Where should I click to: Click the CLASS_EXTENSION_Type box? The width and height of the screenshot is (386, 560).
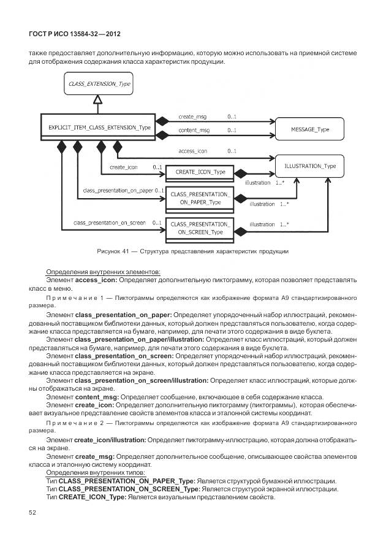pos(99,83)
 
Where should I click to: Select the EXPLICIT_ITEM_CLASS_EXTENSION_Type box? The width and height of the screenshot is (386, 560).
pos(99,127)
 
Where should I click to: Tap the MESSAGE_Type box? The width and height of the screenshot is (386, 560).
pos(309,129)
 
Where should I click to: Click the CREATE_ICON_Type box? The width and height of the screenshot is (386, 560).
pos(197,173)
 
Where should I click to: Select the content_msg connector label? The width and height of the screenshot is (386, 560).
pos(194,131)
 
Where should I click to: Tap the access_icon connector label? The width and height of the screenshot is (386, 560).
pos(192,151)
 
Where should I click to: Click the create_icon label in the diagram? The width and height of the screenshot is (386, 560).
pos(123,167)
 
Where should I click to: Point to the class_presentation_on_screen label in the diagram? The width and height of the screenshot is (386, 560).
pos(109,223)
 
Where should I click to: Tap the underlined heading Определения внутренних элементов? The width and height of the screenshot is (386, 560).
pos(103,272)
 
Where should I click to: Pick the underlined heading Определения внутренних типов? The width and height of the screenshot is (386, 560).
pos(94,473)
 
